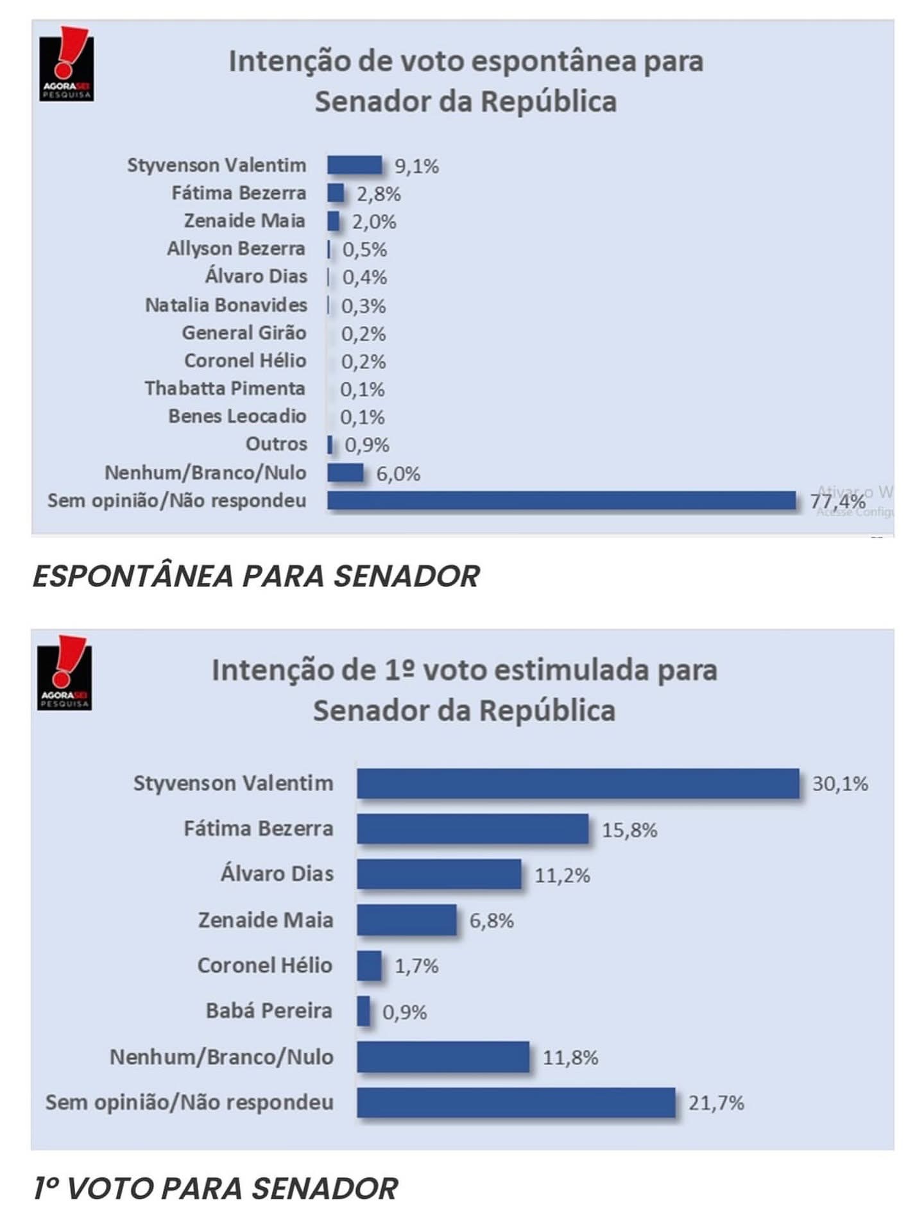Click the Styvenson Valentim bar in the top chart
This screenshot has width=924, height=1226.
(354, 165)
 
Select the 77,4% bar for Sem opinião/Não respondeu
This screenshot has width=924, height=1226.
(561, 500)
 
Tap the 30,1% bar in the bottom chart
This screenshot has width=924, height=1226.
(577, 783)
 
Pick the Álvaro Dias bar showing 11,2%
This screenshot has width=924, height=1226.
(439, 874)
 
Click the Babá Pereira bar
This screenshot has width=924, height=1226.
(363, 1011)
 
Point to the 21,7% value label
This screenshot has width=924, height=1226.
(716, 1103)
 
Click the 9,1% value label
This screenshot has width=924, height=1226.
(416, 166)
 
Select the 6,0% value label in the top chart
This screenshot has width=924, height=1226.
(398, 474)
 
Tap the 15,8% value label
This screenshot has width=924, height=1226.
(629, 830)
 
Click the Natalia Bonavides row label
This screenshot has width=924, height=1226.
(226, 305)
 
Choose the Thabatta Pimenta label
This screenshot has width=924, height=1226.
(225, 388)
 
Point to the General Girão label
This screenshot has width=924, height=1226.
(244, 332)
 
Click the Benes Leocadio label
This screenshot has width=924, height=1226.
(237, 416)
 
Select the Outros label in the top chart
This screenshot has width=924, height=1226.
(276, 444)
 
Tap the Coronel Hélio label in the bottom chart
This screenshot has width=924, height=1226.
(264, 966)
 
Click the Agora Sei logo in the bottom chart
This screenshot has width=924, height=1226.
(64, 674)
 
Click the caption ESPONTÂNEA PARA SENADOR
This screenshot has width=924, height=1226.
(256, 575)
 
